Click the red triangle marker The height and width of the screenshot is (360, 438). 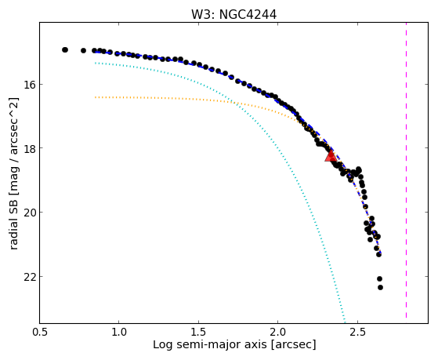pyautogui.click(x=331, y=156)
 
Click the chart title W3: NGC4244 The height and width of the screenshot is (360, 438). pyautogui.click(x=233, y=15)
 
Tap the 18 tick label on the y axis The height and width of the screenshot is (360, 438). pyautogui.click(x=28, y=147)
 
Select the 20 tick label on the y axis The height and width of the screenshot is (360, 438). pyautogui.click(x=28, y=212)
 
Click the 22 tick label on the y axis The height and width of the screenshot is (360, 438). pyautogui.click(x=28, y=276)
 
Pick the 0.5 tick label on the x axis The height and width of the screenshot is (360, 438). pyautogui.click(x=40, y=332)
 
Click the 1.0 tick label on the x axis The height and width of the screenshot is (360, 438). pyautogui.click(x=119, y=332)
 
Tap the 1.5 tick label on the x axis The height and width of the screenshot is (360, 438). pyautogui.click(x=198, y=332)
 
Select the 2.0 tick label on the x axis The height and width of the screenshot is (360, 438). pyautogui.click(x=278, y=332)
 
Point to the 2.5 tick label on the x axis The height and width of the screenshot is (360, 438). pyautogui.click(x=357, y=332)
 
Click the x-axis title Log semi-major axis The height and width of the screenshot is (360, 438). pyautogui.click(x=210, y=345)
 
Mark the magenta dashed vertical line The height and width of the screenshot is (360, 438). pyautogui.click(x=406, y=170)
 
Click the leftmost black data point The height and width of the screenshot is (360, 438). pyautogui.click(x=65, y=49)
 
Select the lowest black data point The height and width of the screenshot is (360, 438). pyautogui.click(x=380, y=287)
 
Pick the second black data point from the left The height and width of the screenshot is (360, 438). pyautogui.click(x=83, y=50)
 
